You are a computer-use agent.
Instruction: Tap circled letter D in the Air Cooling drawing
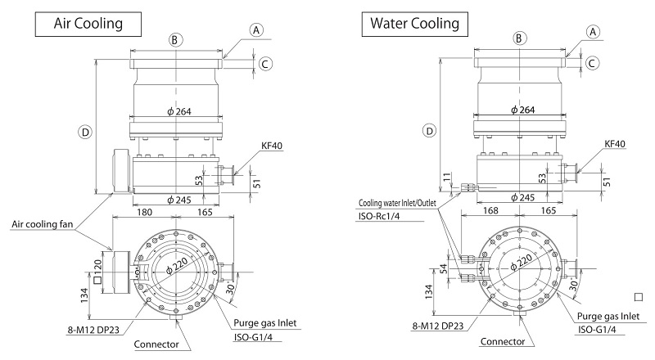85,130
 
